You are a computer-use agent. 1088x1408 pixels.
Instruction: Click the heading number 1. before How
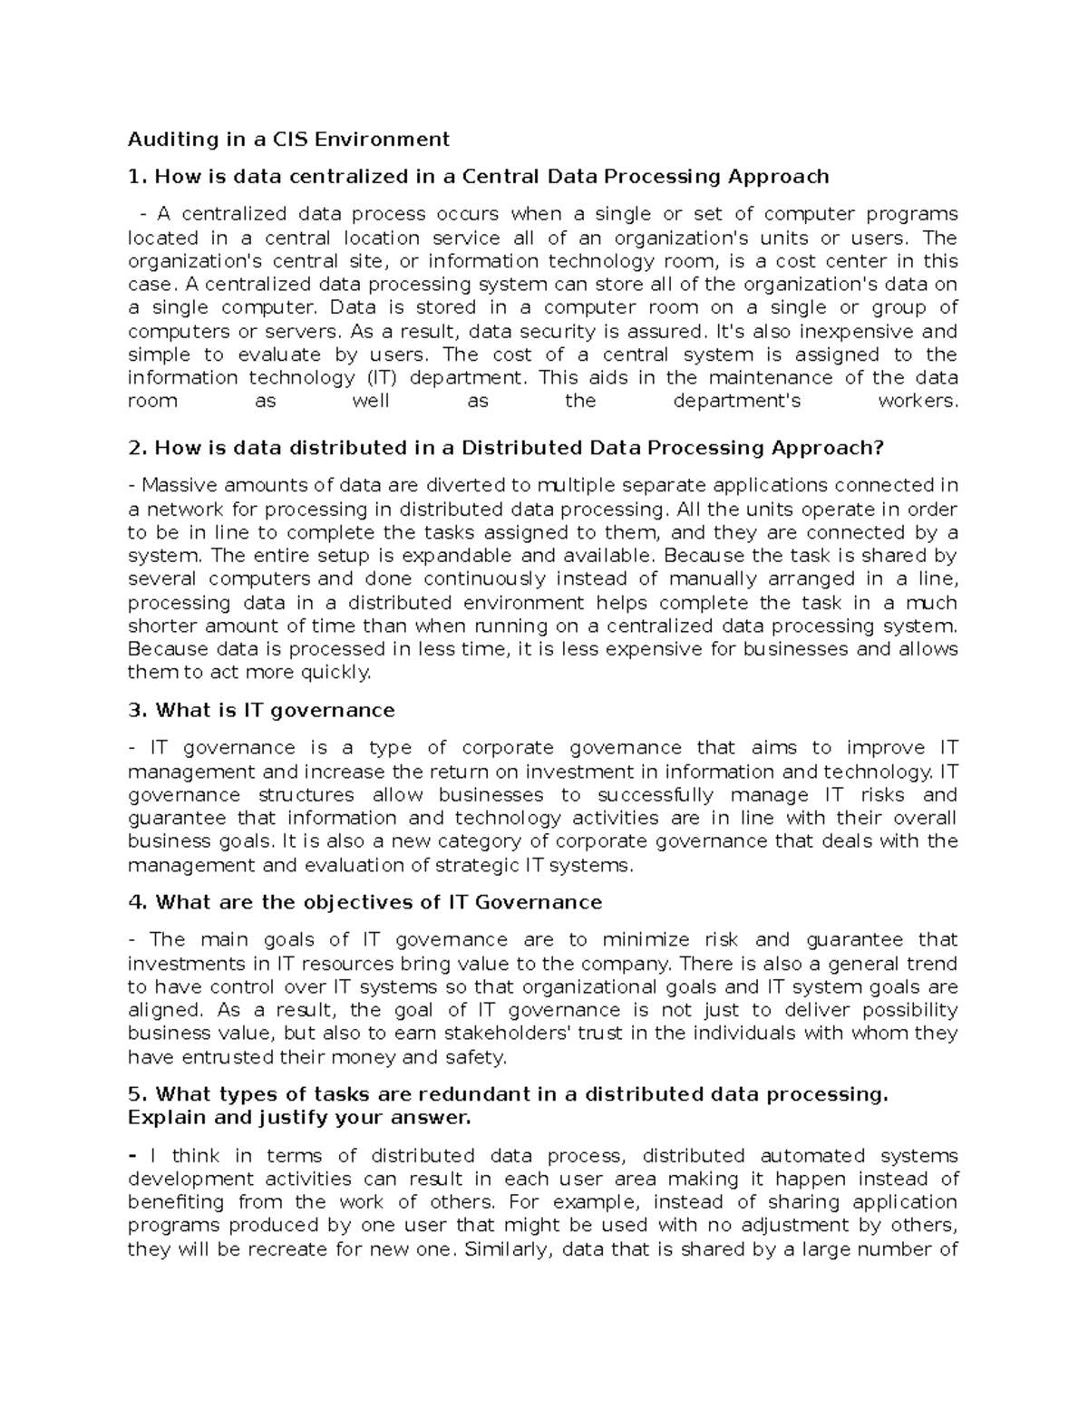pos(138,176)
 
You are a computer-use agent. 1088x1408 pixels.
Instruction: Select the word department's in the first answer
pos(737,401)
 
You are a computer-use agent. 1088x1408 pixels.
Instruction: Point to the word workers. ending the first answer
pos(918,401)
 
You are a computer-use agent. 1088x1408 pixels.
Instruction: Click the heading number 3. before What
pos(138,710)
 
